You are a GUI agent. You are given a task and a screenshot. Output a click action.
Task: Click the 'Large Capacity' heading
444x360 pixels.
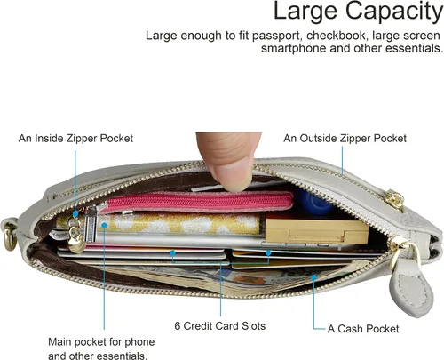point(358,12)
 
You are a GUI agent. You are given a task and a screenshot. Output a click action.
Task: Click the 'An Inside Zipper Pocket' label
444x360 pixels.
point(75,139)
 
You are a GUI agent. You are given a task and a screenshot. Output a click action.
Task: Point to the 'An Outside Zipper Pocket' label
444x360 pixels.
point(345,139)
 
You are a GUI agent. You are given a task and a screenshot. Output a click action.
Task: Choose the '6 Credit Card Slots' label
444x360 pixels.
point(220,326)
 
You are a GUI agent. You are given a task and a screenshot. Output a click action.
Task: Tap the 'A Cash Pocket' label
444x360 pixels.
point(363,329)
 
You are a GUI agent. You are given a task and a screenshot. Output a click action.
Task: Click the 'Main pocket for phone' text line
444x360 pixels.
point(101,342)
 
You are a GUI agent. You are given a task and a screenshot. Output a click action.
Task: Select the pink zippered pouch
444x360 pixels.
point(198,202)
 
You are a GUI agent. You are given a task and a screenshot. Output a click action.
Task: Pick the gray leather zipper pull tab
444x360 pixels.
point(411,293)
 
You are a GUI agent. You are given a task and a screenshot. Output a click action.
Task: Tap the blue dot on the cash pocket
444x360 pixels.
point(313,277)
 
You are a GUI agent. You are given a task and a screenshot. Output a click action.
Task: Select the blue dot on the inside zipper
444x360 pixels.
point(75,214)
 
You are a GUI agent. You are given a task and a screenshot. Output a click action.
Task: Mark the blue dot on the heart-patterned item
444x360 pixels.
point(104,226)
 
